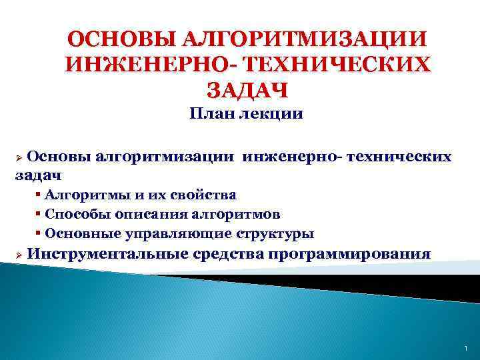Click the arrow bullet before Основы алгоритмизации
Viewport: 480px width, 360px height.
19,157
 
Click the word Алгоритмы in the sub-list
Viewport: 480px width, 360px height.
79,195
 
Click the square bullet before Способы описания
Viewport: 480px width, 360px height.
39,215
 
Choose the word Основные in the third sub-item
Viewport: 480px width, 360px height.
79,234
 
